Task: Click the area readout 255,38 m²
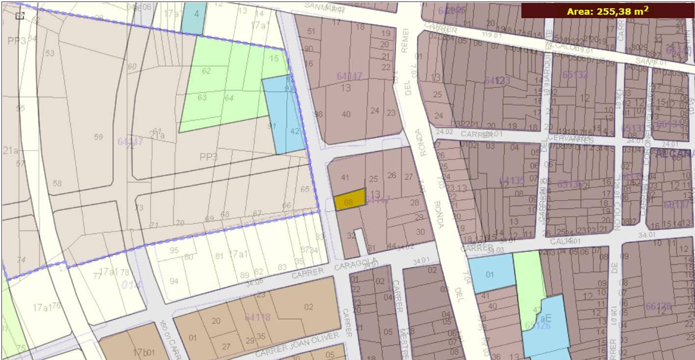point(607,11)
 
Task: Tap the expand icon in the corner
point(20,16)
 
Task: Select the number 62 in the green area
point(206,71)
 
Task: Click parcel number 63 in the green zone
point(202,97)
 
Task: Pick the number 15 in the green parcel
point(274,58)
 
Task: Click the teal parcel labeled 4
point(196,14)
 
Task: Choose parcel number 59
point(98,137)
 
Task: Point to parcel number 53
point(50,52)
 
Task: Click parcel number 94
point(174,281)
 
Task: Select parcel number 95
point(174,250)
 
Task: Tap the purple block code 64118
point(257,317)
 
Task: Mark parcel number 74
point(21,260)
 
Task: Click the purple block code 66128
point(658,306)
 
